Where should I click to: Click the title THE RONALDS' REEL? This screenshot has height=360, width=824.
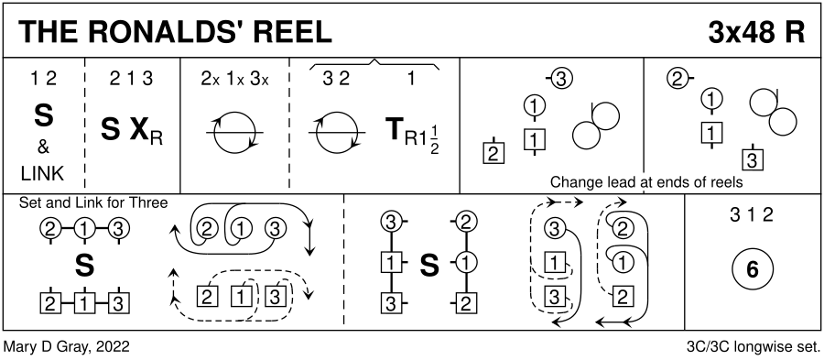click(177, 32)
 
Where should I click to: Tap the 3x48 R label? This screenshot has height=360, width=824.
click(756, 32)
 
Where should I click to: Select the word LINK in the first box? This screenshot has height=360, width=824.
click(44, 173)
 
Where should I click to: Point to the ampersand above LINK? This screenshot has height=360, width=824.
click(44, 147)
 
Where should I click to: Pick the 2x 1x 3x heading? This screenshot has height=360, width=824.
click(235, 80)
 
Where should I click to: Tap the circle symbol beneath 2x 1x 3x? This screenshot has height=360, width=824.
click(235, 133)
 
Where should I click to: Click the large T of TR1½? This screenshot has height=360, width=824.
click(395, 130)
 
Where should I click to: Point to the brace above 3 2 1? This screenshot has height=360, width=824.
click(374, 65)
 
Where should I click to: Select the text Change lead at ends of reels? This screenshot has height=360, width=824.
click(646, 182)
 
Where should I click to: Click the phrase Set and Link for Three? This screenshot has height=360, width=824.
click(93, 202)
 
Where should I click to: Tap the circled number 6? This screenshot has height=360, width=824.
click(752, 269)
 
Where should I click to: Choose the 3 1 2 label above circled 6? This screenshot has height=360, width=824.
click(752, 215)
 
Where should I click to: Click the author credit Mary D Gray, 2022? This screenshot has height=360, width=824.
click(67, 347)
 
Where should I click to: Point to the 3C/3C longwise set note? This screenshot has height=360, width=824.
click(754, 347)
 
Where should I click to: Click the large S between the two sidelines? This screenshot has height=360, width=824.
click(429, 266)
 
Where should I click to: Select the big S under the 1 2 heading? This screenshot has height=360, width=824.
click(44, 116)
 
